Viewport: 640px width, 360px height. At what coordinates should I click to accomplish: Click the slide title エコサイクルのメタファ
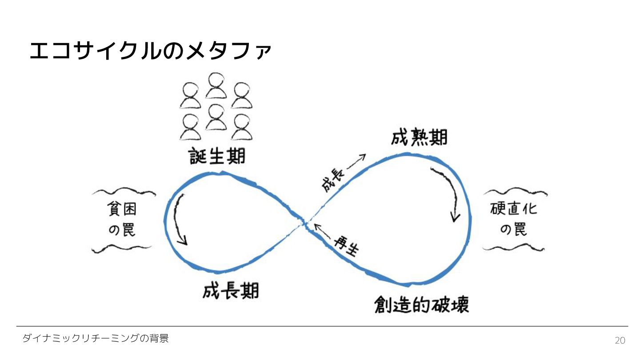click(x=150, y=51)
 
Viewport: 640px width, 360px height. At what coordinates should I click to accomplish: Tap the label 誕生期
click(x=217, y=156)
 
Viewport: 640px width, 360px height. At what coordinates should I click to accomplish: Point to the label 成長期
click(x=231, y=291)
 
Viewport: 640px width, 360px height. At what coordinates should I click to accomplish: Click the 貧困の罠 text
click(x=122, y=220)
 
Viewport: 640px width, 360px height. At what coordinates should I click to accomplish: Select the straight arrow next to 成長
click(x=356, y=162)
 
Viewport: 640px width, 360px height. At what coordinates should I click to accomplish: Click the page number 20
click(x=620, y=340)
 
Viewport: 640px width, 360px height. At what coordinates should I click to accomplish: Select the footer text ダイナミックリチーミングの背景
click(x=96, y=339)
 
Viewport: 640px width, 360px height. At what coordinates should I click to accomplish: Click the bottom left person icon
click(x=190, y=128)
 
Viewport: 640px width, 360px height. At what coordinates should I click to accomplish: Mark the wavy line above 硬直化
click(x=515, y=192)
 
